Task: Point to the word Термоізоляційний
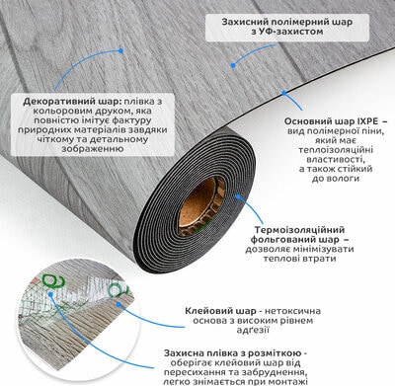(x=299, y=230)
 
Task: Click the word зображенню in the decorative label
(x=90, y=149)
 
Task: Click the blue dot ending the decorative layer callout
(x=120, y=51)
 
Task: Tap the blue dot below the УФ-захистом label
(x=233, y=65)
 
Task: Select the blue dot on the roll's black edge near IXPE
(x=283, y=93)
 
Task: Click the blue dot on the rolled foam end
(x=238, y=196)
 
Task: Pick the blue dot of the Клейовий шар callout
(x=118, y=304)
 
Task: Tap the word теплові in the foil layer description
(x=280, y=259)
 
